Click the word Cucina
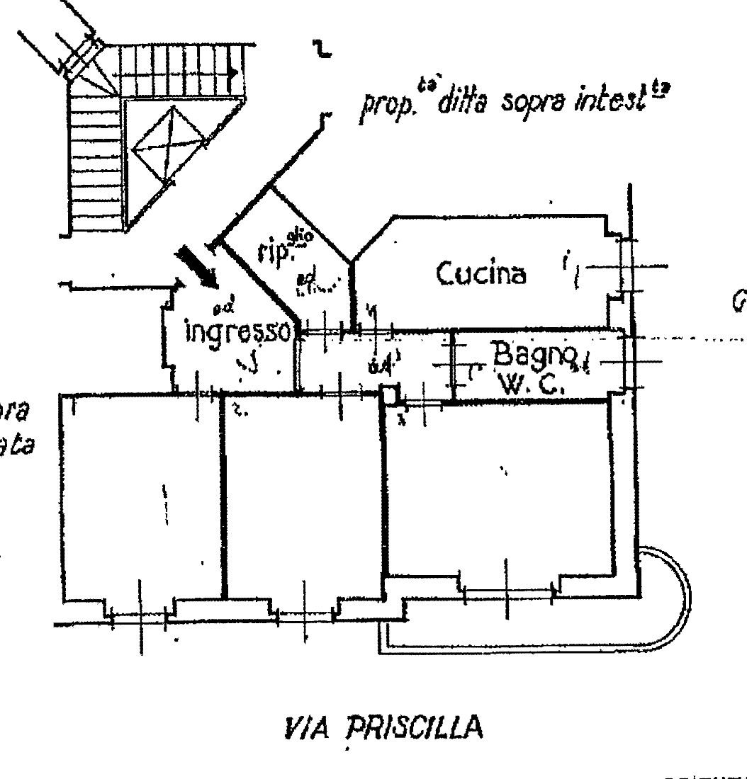[481, 274]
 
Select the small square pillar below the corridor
[389, 394]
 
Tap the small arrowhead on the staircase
[233, 72]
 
